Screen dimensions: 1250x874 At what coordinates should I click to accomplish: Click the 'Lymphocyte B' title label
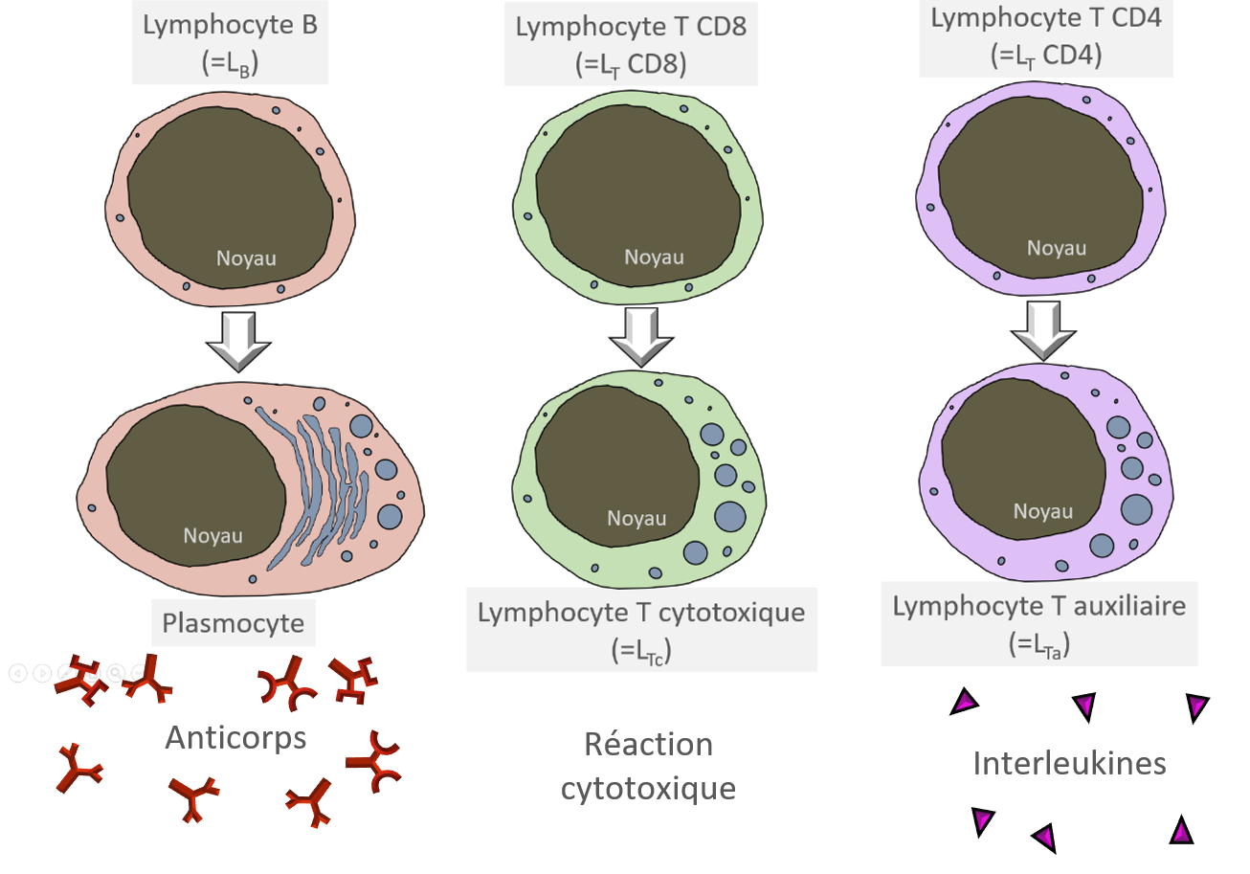tap(230, 43)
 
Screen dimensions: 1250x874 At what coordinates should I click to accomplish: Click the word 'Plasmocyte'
tap(234, 623)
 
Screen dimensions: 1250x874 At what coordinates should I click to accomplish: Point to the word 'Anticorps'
tap(235, 738)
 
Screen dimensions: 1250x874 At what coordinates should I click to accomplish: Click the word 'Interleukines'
tap(1069, 763)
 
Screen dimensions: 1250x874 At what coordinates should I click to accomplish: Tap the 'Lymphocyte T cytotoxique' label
tap(641, 630)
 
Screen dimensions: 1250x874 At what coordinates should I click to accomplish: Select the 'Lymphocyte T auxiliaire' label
tap(1039, 623)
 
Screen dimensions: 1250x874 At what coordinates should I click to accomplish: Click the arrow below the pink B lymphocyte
tap(239, 342)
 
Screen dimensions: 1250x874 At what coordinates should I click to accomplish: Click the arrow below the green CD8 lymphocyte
tap(641, 337)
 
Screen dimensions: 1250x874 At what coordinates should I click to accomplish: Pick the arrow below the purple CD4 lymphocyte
tap(1043, 331)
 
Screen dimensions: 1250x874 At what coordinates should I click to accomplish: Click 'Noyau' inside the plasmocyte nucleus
tap(213, 536)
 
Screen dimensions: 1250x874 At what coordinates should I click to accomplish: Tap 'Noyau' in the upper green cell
tap(654, 258)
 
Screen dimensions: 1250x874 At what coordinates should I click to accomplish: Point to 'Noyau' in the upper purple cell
tap(1057, 248)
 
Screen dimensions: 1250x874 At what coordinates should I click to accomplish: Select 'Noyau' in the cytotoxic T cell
tap(636, 519)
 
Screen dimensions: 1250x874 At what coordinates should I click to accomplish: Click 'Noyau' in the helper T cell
tap(1043, 511)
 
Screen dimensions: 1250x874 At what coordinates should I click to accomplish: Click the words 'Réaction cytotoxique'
tap(648, 766)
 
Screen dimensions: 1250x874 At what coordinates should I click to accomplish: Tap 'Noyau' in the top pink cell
tap(246, 258)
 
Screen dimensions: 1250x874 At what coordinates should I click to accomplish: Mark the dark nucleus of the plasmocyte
tap(195, 485)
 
